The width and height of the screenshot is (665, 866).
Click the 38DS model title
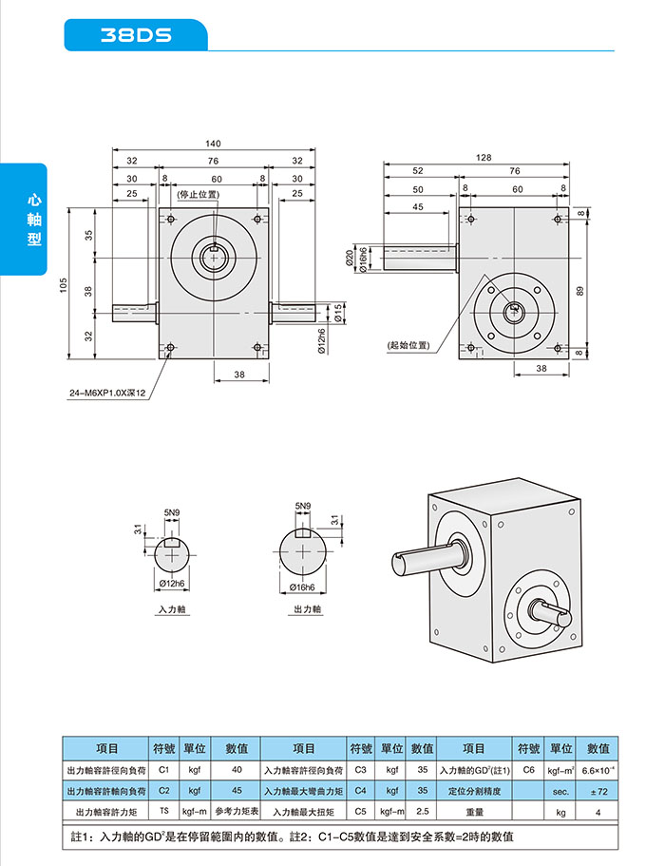click(x=135, y=36)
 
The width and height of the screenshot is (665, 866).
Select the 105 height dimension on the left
click(x=64, y=285)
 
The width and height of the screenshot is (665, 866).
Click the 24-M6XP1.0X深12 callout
click(x=106, y=393)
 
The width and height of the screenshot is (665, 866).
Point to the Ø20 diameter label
click(x=350, y=256)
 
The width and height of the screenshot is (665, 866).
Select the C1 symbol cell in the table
click(x=163, y=769)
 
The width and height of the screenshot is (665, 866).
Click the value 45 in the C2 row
click(x=237, y=790)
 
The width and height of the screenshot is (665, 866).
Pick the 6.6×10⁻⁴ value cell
click(x=598, y=769)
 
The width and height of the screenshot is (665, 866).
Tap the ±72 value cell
click(x=598, y=790)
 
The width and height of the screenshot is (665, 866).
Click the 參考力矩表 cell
click(x=237, y=812)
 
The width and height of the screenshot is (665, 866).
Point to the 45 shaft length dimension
click(x=418, y=206)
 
